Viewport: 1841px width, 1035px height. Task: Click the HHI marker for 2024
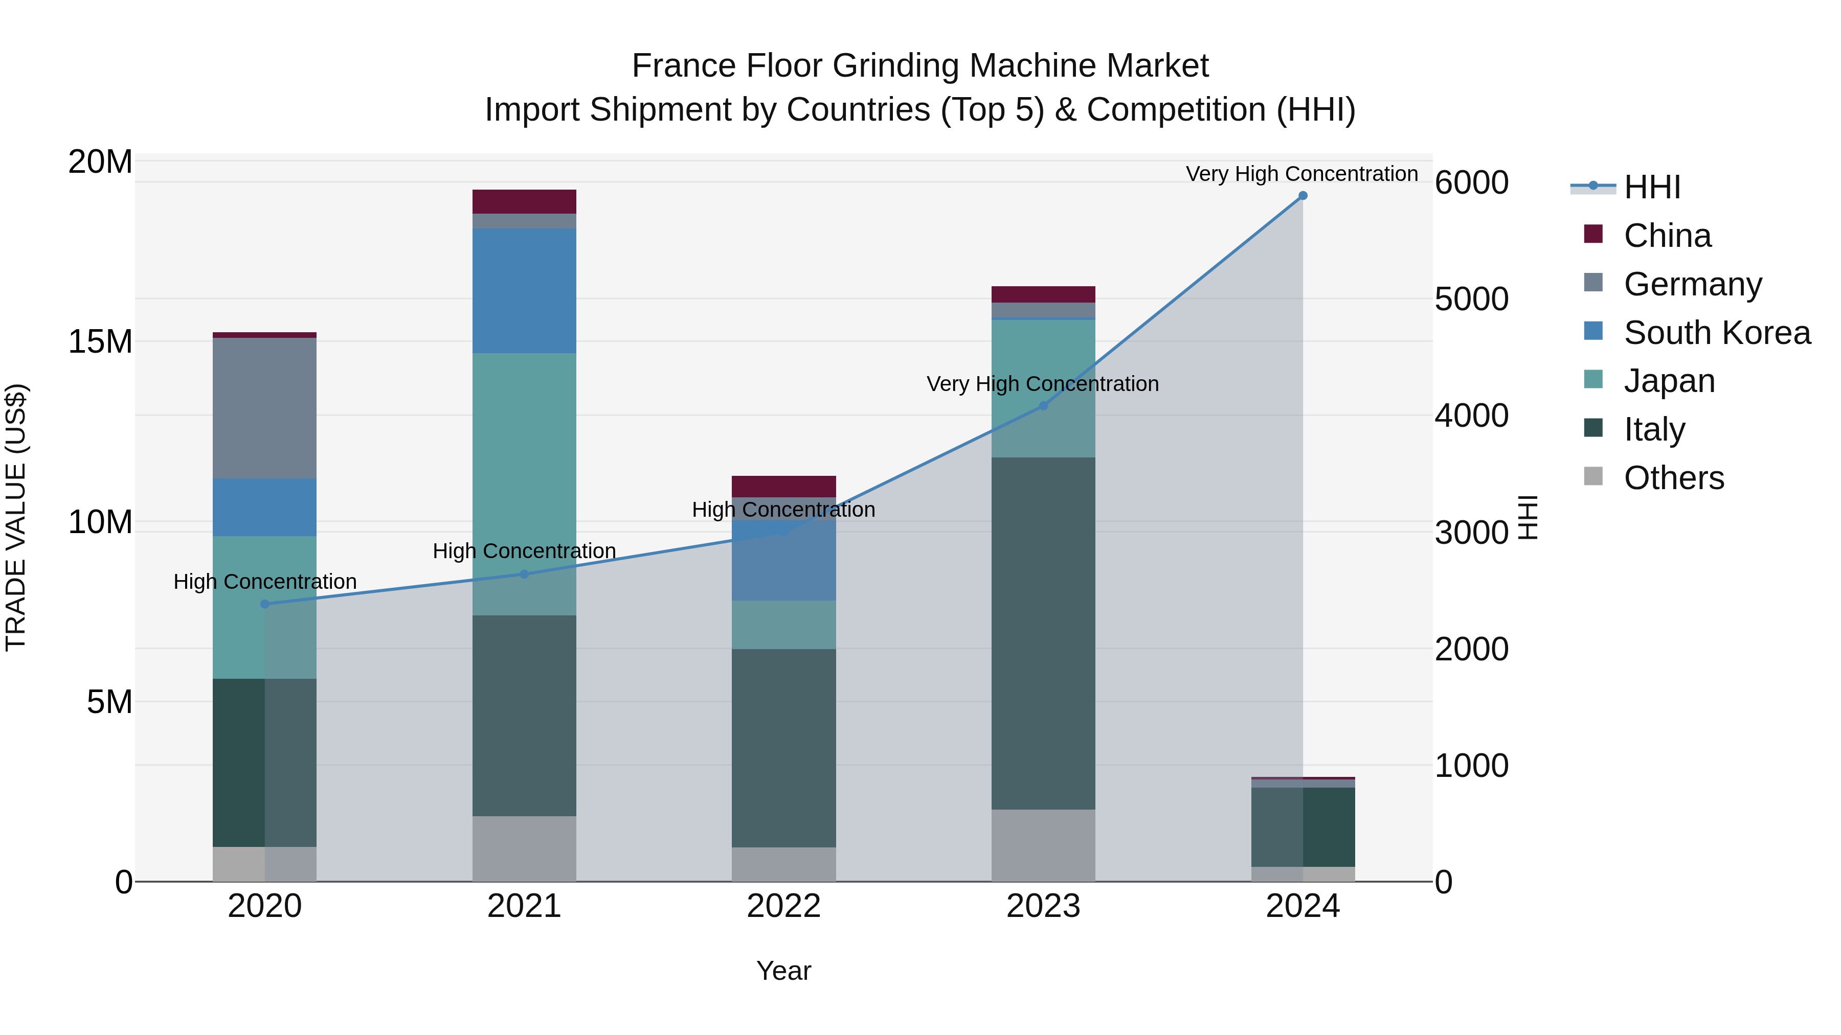(x=1303, y=196)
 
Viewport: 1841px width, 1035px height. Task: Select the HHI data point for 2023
(x=1043, y=406)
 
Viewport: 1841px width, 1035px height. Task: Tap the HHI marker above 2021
(x=525, y=574)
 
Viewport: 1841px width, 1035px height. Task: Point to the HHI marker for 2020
(x=265, y=604)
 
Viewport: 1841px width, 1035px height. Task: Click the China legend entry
(x=1667, y=236)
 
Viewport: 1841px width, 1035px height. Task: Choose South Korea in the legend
(x=1717, y=333)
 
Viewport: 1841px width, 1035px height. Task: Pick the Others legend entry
(x=1673, y=478)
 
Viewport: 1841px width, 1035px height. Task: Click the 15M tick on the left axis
(x=100, y=342)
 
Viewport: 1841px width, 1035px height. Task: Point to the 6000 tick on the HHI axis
(x=1471, y=183)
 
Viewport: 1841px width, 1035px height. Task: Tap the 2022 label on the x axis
(x=784, y=906)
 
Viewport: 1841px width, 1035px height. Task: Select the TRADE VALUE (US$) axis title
(x=16, y=517)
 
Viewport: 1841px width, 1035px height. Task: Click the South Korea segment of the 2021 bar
(x=525, y=291)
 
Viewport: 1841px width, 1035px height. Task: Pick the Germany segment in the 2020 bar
(x=265, y=408)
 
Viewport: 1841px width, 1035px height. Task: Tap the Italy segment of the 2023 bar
(x=1043, y=633)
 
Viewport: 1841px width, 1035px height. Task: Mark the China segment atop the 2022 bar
(x=784, y=487)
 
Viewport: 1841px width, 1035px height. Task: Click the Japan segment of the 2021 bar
(x=525, y=485)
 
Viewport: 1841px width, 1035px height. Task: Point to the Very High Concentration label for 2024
(x=1301, y=174)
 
